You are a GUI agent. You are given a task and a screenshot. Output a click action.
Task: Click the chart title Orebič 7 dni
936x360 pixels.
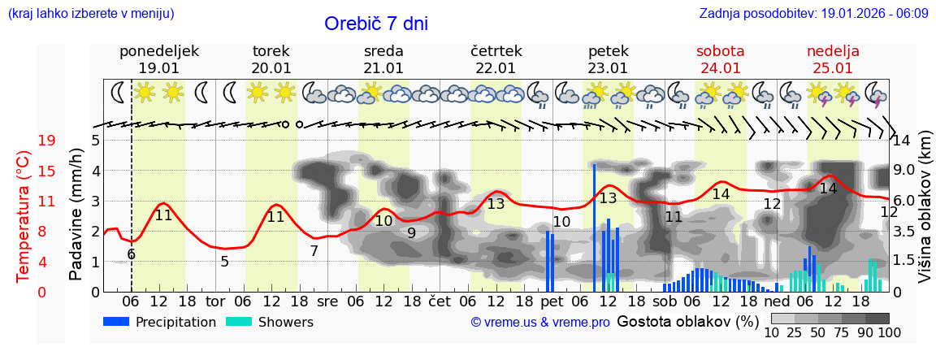click(x=376, y=24)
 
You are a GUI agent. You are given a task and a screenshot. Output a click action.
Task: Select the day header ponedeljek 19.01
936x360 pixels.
click(x=159, y=59)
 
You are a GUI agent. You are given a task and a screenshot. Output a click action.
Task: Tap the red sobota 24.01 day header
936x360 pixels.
click(x=721, y=59)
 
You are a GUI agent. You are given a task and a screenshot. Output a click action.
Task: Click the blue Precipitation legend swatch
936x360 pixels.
click(x=117, y=322)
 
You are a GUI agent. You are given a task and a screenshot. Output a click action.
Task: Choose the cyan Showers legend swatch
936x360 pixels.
click(x=239, y=322)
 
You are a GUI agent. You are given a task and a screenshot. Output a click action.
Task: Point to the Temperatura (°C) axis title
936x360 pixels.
click(x=23, y=215)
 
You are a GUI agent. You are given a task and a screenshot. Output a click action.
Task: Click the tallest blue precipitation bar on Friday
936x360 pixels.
click(x=594, y=228)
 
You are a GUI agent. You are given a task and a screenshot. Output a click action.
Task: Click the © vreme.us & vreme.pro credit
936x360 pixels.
click(x=540, y=323)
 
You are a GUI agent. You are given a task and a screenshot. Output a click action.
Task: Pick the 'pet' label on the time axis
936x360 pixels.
click(x=552, y=301)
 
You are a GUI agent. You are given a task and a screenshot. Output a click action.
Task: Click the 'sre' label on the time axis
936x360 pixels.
click(x=327, y=301)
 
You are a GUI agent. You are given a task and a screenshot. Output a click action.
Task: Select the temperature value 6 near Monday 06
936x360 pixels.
click(x=131, y=254)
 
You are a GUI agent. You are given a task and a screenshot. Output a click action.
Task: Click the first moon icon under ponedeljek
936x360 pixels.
click(x=119, y=93)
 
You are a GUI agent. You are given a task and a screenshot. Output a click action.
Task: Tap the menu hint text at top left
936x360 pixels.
click(x=90, y=13)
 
